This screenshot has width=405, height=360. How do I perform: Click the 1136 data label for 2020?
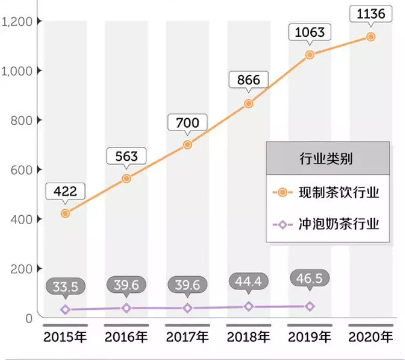(x=371, y=14)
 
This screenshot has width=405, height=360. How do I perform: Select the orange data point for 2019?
(x=310, y=54)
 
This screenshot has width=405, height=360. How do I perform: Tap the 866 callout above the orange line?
(x=249, y=80)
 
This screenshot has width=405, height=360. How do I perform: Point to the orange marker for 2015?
(x=65, y=213)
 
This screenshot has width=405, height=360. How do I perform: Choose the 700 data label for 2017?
(x=188, y=122)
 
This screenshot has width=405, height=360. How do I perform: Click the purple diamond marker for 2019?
(x=310, y=306)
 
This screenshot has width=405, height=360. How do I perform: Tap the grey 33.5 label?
(x=65, y=287)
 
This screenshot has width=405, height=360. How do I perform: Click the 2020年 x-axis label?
(x=371, y=337)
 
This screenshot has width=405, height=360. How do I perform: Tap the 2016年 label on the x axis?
(x=127, y=337)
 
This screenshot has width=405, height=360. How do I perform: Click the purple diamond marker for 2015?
(x=65, y=309)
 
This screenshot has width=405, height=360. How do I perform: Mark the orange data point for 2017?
(x=188, y=144)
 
